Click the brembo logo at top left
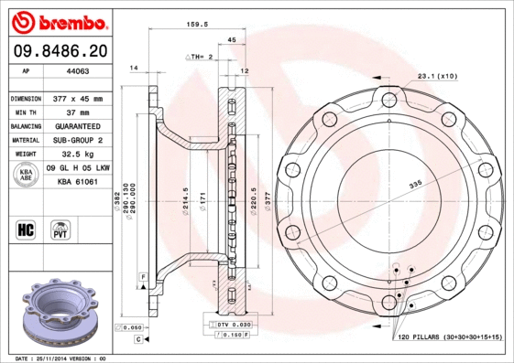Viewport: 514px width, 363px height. pos(56,21)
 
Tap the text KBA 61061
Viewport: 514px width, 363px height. pos(78,183)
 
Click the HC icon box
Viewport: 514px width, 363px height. pos(27,229)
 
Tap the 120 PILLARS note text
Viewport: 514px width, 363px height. pos(449,337)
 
